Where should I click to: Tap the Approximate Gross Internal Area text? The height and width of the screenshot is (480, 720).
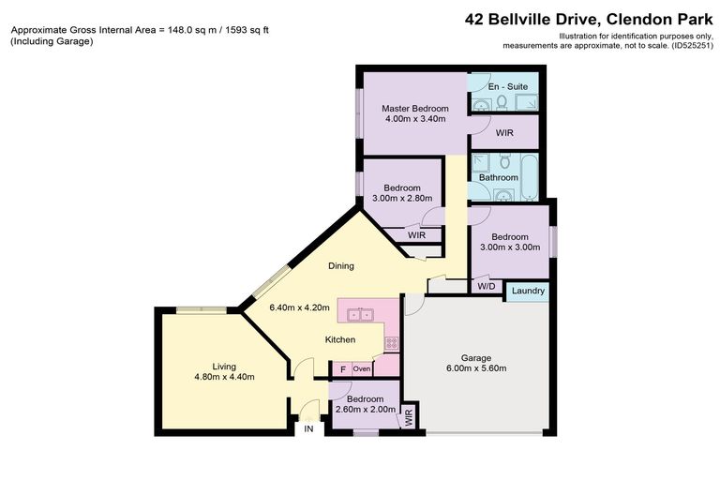[x=140, y=29]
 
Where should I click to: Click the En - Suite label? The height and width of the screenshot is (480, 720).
[x=507, y=86]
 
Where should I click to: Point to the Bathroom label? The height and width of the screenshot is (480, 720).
[x=498, y=177]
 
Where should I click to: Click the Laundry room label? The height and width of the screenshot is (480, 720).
[x=528, y=292]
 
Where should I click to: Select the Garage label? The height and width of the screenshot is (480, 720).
[x=483, y=357]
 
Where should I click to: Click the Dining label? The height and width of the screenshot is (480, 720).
[x=340, y=266]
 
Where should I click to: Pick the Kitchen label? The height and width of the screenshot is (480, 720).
[x=339, y=339]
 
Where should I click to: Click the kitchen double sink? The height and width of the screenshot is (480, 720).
[x=358, y=314]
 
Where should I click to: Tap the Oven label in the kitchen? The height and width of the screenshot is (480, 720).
[x=362, y=369]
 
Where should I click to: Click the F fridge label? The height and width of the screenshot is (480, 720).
[x=342, y=369]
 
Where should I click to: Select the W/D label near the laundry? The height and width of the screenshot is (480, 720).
[x=486, y=286]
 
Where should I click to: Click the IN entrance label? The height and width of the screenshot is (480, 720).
[x=307, y=429]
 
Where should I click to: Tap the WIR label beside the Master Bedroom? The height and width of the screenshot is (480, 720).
[x=504, y=133]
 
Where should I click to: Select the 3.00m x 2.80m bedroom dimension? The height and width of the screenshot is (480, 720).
[x=401, y=199]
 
